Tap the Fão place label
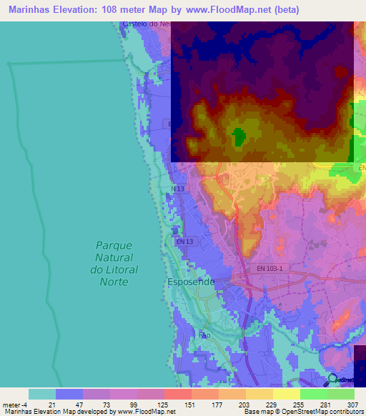click(204, 335)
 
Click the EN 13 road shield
click(184, 242)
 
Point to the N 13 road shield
click(178, 189)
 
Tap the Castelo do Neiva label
click(147, 24)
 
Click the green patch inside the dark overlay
click(238, 136)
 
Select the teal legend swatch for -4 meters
click(42, 394)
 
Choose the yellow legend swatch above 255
click(286, 394)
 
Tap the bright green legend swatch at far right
click(340, 394)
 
